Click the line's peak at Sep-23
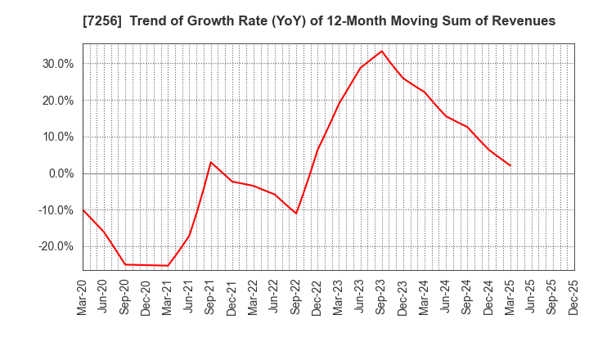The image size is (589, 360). click(x=382, y=52)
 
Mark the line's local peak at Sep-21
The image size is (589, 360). click(x=211, y=162)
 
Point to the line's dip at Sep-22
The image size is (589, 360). click(x=296, y=214)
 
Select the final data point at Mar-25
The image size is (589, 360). click(x=510, y=166)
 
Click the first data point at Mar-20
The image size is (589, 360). click(x=83, y=209)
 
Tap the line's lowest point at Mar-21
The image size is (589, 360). click(x=168, y=265)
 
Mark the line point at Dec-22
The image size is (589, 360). click(x=317, y=150)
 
